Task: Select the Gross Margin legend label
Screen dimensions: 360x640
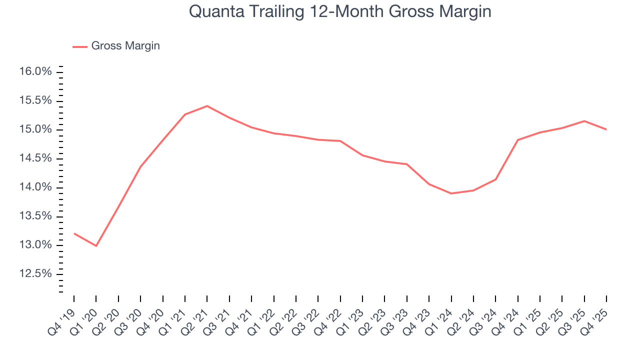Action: (125, 46)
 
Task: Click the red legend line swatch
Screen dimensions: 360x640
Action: (80, 46)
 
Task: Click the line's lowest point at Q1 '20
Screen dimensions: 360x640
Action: (96, 246)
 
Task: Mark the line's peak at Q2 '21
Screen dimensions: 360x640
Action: (207, 106)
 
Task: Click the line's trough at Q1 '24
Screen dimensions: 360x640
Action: (451, 193)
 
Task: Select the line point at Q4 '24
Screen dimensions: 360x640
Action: (517, 140)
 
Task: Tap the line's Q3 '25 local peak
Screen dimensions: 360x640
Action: (584, 121)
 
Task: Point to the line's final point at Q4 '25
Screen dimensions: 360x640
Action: (606, 129)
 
